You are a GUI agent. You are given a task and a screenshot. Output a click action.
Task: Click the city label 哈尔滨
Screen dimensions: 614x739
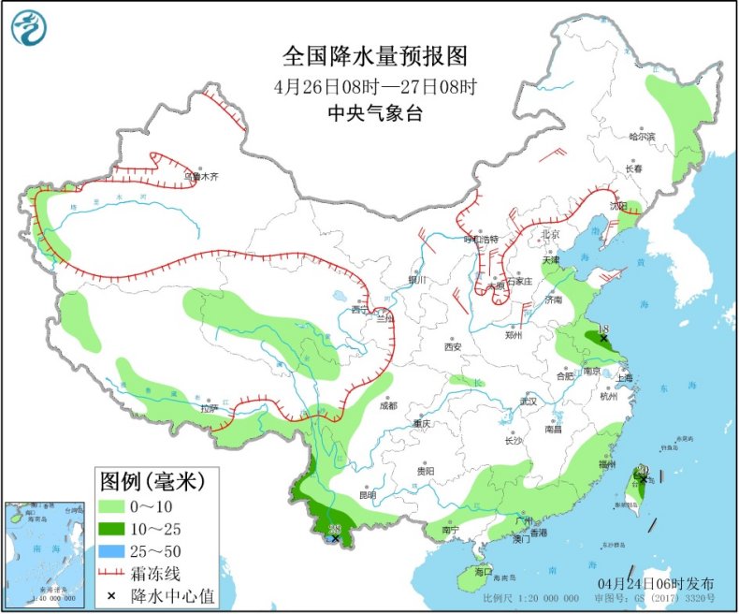(x=642, y=137)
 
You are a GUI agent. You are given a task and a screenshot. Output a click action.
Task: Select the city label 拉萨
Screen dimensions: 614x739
(x=208, y=408)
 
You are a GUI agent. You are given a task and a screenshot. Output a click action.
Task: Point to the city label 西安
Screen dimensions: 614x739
(x=453, y=346)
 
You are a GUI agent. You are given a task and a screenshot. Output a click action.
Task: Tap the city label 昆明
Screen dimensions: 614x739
(x=367, y=494)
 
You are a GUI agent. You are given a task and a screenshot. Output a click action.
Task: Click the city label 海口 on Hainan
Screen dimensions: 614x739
(x=483, y=571)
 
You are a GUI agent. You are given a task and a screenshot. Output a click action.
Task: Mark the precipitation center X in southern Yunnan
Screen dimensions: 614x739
(x=336, y=538)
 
